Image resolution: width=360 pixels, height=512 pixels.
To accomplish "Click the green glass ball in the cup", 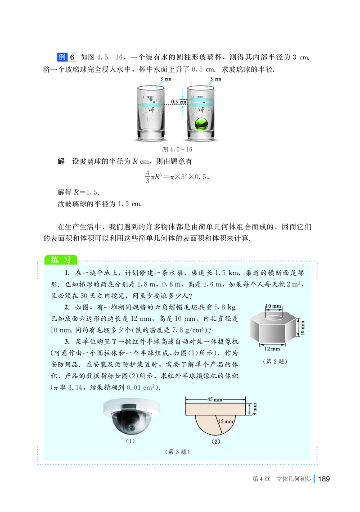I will coord(201,124).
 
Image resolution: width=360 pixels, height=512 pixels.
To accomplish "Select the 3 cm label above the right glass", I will coord(216,79).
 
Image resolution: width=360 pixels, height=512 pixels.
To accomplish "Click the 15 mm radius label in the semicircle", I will coord(225,421).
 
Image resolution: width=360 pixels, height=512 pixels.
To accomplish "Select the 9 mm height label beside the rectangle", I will coord(254,409).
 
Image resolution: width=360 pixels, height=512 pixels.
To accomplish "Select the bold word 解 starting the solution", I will coord(61,162).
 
